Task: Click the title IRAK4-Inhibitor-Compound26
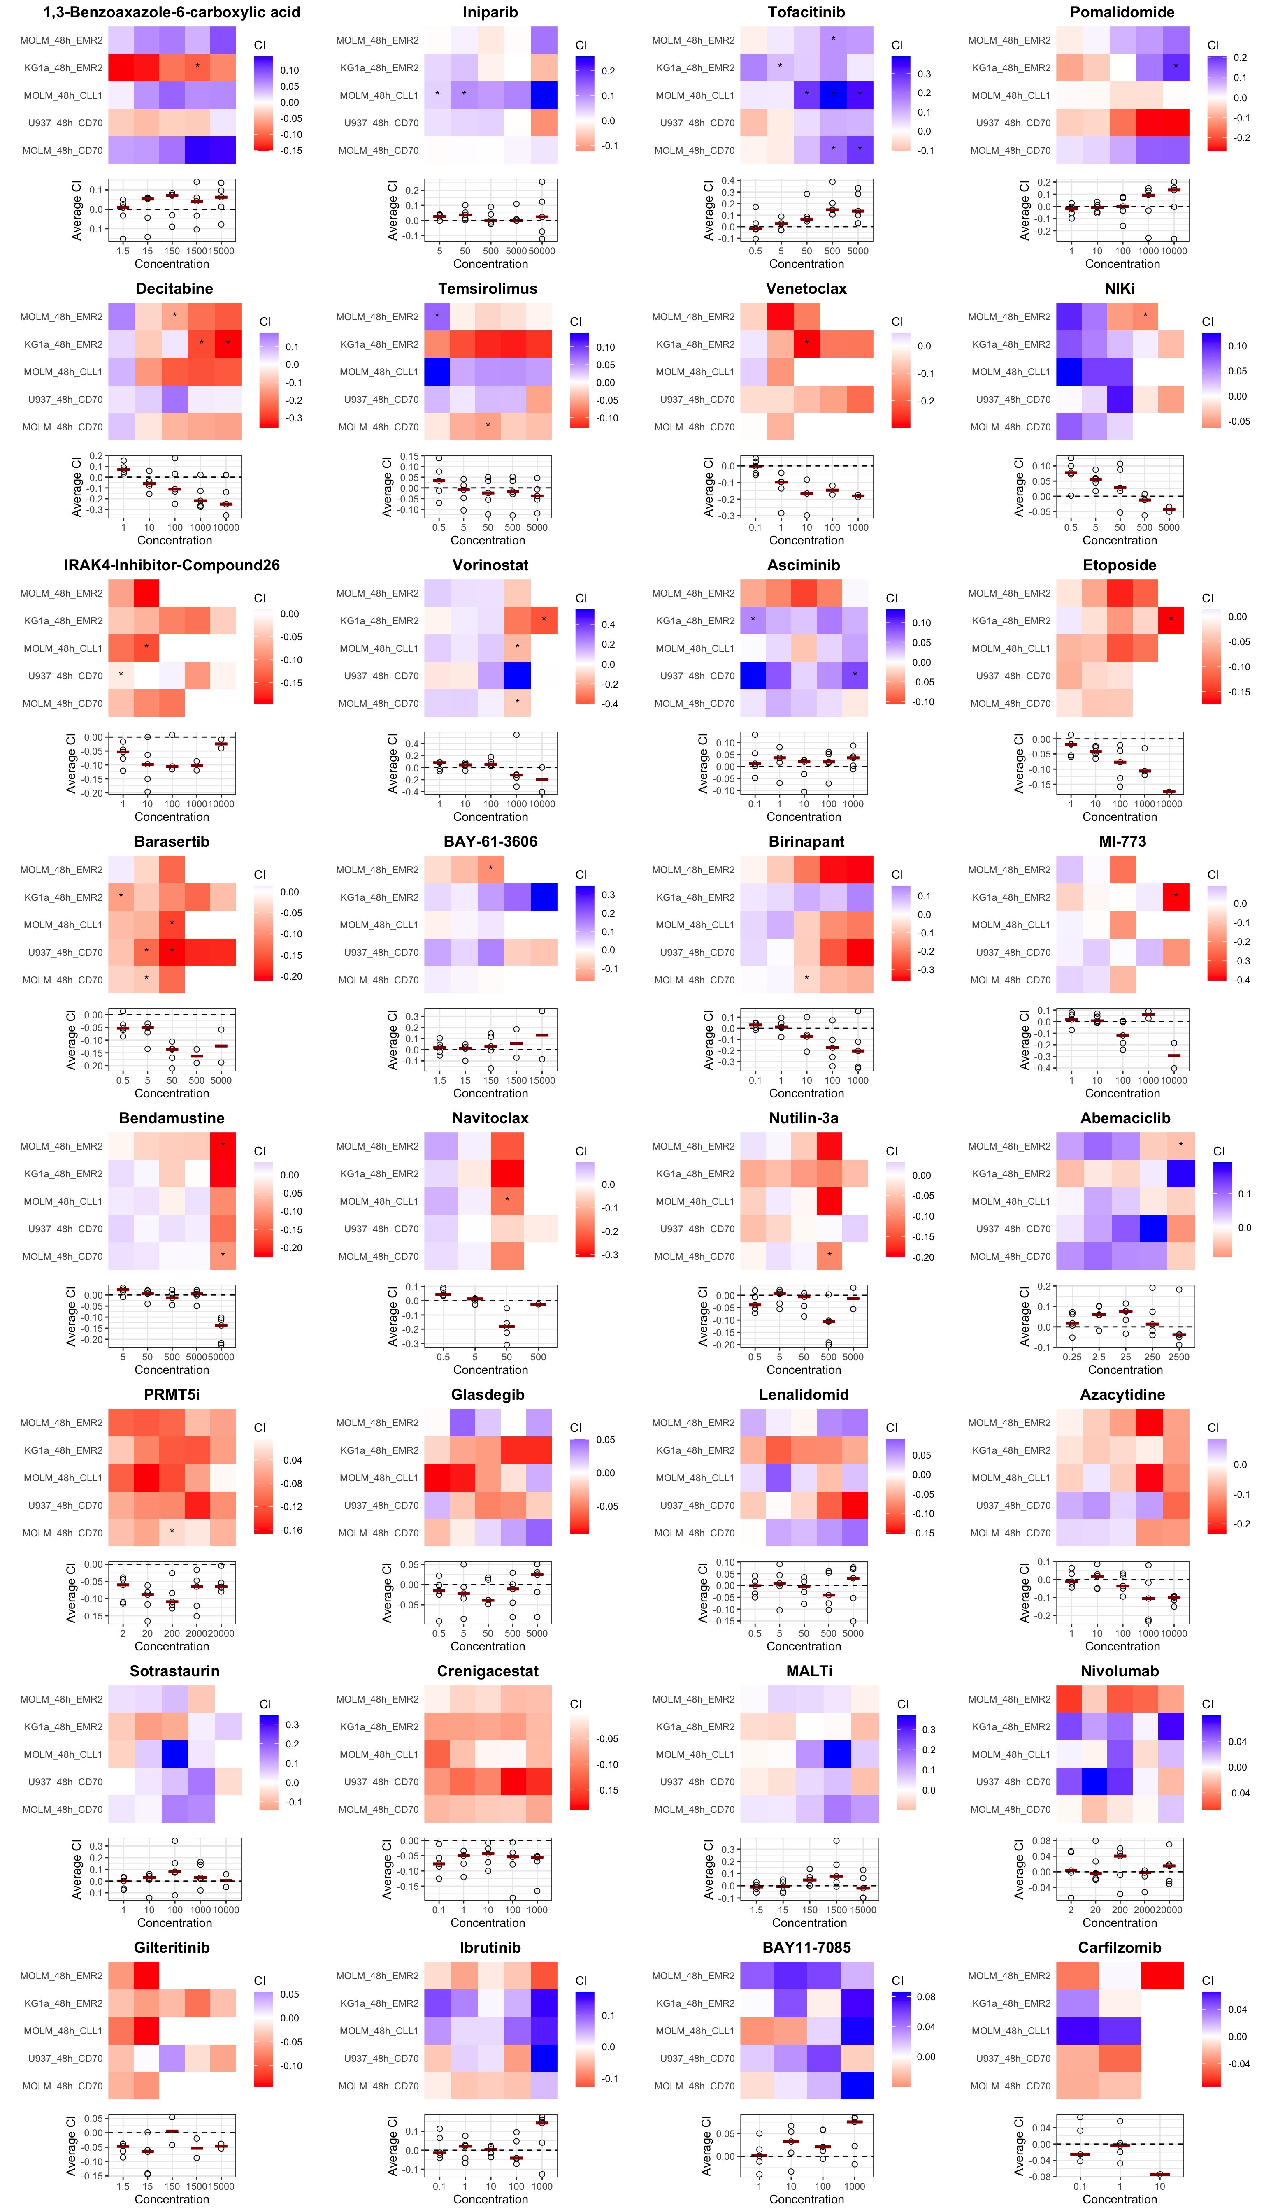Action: tap(172, 565)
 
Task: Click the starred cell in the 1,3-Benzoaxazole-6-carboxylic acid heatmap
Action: tap(197, 67)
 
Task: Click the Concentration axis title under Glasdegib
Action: tap(488, 1646)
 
